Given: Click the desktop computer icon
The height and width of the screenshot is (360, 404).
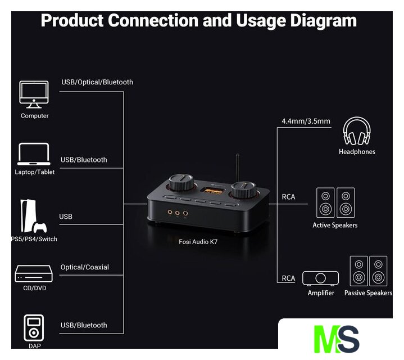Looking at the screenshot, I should [x=34, y=94].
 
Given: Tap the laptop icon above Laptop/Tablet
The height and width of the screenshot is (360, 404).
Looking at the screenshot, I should [x=34, y=154].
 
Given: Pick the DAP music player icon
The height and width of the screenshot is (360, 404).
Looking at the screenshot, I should [x=34, y=327].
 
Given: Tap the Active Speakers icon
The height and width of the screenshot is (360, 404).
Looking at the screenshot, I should [x=335, y=203].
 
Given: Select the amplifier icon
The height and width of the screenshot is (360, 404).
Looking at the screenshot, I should [x=320, y=278].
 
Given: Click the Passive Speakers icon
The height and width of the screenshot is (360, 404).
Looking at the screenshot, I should [x=369, y=272].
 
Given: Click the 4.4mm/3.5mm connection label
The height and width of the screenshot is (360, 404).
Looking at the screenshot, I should [x=306, y=121].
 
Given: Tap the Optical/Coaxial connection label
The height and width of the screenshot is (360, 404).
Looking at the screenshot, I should [x=84, y=267].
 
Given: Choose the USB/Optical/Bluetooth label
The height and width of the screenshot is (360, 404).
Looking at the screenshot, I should [x=97, y=82].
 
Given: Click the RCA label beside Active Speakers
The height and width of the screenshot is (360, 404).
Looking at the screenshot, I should [x=288, y=197].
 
